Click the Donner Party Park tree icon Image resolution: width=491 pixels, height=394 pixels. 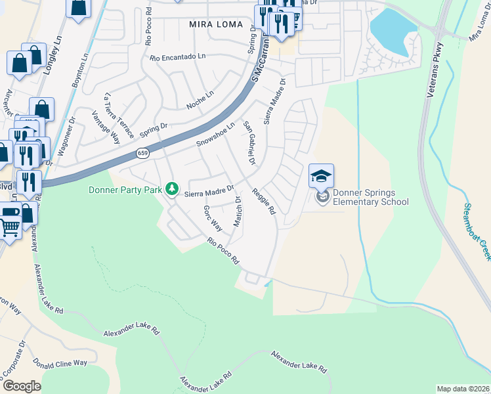click(172, 189)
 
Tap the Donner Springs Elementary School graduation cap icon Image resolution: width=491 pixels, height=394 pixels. click(321, 176)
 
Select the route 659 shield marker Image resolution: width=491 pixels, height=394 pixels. click(142, 153)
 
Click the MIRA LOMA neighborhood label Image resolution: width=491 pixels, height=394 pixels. click(216, 24)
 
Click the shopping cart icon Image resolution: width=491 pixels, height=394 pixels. click(9, 227)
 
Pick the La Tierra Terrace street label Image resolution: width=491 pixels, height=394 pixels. click(118, 116)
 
